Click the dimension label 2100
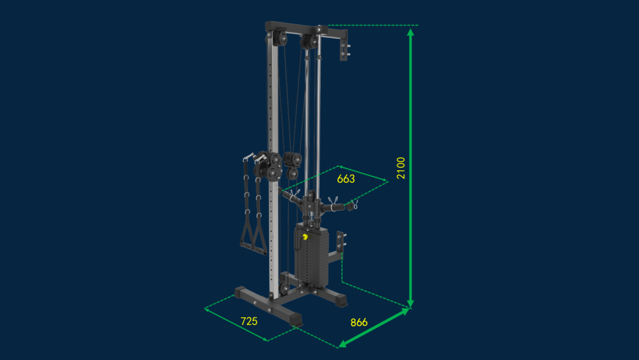point(401,168)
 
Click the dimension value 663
point(346,178)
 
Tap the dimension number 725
point(249,321)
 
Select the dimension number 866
point(359,322)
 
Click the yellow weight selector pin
point(305,237)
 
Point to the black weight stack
point(312,254)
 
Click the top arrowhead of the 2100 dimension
point(410,33)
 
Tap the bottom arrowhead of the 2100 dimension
point(410,303)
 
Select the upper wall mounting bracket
point(344,47)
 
